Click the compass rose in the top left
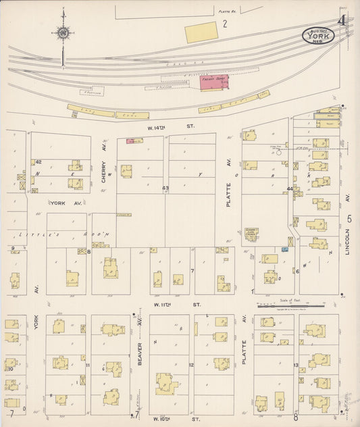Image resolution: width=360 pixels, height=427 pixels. [62, 32]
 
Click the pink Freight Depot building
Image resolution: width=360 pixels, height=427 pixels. [214, 82]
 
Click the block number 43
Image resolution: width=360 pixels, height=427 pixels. [165, 187]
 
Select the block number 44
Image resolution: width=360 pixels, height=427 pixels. [290, 189]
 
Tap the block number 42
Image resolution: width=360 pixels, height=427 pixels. [38, 162]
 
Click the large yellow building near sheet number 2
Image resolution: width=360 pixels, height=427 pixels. [201, 32]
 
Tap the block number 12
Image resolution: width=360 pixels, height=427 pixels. [191, 366]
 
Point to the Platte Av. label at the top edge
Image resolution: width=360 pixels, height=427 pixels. [226, 11]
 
